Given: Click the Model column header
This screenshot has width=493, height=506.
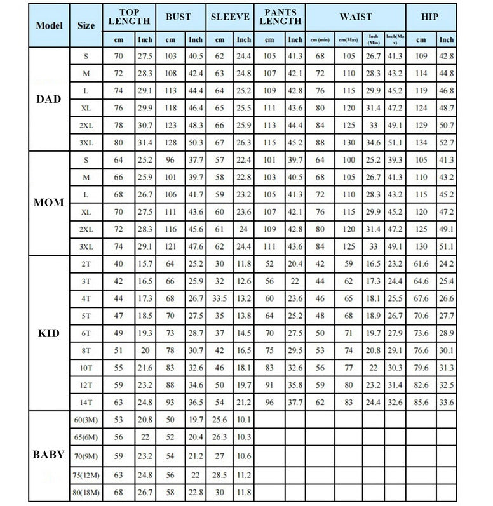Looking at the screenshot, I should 49,25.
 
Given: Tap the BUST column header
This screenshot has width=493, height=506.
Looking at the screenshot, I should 179,17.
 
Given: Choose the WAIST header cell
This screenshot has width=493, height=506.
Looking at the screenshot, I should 356,17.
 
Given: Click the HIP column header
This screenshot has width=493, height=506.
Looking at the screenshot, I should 430,17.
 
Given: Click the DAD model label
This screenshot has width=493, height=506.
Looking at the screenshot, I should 49,100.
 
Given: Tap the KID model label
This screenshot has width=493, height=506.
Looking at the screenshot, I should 49,333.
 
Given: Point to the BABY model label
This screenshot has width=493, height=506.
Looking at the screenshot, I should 49,455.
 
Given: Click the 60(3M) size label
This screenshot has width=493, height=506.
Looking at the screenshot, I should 86,420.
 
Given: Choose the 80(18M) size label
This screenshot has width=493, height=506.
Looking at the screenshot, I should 86,492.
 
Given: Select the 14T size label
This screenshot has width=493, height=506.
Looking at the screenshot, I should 86,401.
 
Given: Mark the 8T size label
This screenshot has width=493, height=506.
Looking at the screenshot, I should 86,350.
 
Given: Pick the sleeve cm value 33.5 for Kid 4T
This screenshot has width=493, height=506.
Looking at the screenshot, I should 220,298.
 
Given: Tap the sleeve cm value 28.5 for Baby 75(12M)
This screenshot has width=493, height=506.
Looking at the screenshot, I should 220,474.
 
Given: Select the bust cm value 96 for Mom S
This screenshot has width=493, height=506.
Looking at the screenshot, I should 171,160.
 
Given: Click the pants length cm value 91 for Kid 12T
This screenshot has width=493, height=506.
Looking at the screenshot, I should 270,384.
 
